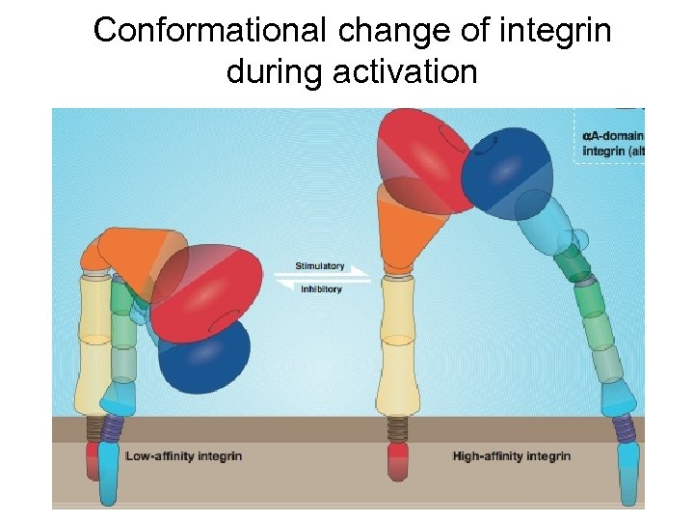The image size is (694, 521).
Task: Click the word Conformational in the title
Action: (210, 30)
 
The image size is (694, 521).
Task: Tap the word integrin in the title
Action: (557, 30)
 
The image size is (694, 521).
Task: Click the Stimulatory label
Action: (319, 266)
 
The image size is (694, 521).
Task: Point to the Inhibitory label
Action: (321, 289)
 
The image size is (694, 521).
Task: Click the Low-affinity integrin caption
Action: (183, 455)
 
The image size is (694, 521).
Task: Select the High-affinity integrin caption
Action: (511, 455)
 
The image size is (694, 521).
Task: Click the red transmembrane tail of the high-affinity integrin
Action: (397, 461)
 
